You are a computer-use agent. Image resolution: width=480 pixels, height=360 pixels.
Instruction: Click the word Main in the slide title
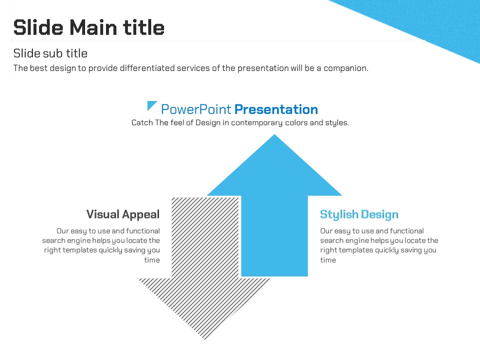[x=93, y=27]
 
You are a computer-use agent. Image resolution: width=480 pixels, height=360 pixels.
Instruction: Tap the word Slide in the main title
[x=38, y=27]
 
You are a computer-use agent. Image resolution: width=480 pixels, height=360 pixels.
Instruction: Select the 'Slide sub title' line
[x=50, y=53]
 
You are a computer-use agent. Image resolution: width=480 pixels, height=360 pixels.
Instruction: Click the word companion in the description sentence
[x=345, y=68]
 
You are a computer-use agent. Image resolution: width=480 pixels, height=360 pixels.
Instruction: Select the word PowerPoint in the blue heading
[x=196, y=109]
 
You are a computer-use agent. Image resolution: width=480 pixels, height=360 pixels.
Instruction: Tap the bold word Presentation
[x=276, y=109]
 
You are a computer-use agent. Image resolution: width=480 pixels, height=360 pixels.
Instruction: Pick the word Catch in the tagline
[x=142, y=123]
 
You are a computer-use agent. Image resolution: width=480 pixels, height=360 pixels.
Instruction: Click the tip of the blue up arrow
[x=274, y=134]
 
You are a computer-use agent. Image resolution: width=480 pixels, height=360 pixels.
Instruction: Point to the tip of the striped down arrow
[x=205, y=339]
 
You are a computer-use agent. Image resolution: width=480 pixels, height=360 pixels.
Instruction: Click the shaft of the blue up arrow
[x=274, y=235]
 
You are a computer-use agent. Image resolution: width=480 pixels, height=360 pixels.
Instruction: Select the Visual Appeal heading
[x=123, y=214]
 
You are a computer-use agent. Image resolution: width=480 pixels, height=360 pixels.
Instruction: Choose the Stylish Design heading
[x=359, y=214]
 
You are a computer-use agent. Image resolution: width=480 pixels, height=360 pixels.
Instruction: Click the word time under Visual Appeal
[x=152, y=260]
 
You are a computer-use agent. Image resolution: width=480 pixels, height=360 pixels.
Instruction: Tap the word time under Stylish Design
[x=328, y=260]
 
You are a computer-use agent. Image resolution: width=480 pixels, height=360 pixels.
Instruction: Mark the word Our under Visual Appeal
[x=62, y=231]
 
